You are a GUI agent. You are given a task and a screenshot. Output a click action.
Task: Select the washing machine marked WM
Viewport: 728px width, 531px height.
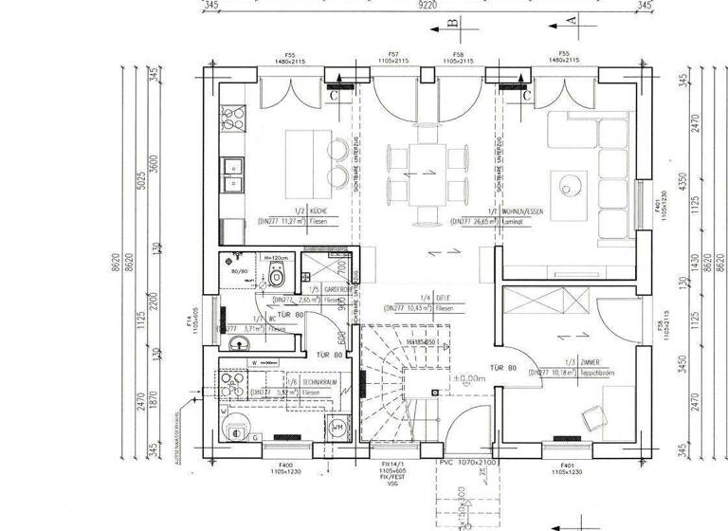tap(338, 429)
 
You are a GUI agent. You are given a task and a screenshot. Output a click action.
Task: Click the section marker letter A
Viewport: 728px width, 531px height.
tap(571, 19)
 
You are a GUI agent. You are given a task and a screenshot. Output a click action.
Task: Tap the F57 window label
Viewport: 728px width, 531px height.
tap(392, 54)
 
